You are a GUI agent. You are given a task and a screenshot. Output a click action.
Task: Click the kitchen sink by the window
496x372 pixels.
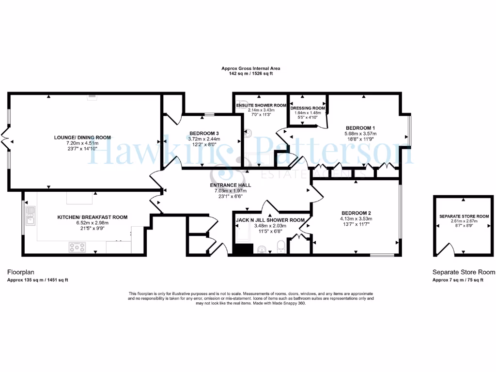31,216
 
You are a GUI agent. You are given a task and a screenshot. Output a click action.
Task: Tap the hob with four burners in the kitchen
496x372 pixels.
77,247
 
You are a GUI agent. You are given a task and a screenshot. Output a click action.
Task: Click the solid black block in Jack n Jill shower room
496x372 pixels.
244,249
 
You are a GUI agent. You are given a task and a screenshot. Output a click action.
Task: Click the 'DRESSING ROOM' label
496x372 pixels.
308,108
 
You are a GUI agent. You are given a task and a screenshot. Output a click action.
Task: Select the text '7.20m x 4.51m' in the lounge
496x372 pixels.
82,143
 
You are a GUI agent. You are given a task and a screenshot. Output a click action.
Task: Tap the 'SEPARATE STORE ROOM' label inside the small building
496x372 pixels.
464,216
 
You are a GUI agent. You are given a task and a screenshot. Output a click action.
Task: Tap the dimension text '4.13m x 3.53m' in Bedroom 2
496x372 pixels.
356,219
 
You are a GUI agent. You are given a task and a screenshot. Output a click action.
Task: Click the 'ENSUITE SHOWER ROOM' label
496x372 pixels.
261,105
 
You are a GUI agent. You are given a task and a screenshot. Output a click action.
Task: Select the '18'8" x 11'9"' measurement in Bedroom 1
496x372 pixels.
360,139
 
